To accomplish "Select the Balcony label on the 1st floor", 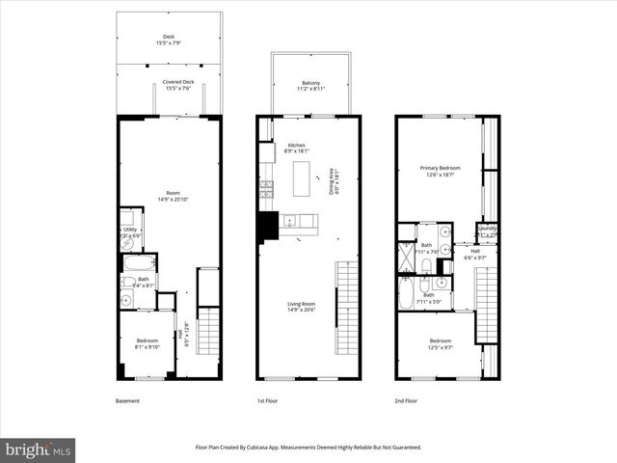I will (x=310, y=85).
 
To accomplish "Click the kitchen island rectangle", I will (x=301, y=177).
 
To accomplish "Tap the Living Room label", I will (x=301, y=306).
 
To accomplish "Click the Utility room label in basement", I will (x=129, y=232).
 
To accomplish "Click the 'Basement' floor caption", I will (x=128, y=399).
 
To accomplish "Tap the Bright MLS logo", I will (x=38, y=449).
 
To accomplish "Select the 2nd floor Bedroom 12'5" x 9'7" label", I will (x=440, y=343).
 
